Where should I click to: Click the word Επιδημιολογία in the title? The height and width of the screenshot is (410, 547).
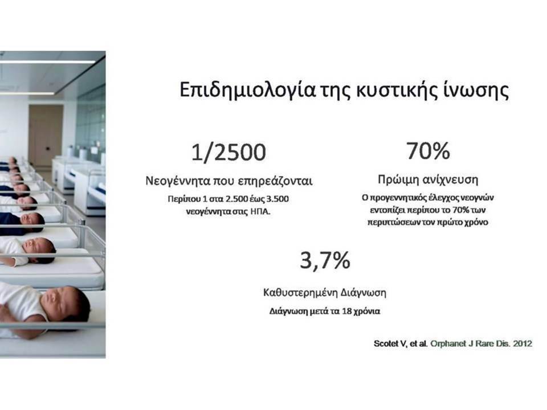[x=247, y=91]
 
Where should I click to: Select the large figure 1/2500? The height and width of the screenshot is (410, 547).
[x=229, y=152]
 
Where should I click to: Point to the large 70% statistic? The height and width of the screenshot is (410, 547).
[x=428, y=150]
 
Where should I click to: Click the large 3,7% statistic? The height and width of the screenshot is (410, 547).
[x=325, y=260]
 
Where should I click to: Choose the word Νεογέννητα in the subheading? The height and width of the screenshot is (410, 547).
[x=178, y=181]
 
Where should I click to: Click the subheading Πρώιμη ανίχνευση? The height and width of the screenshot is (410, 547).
[x=428, y=179]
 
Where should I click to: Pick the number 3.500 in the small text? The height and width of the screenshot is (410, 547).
[x=277, y=199]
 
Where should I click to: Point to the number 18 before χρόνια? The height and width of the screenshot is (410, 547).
[x=347, y=311]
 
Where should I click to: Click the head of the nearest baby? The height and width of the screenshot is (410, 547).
[x=66, y=304]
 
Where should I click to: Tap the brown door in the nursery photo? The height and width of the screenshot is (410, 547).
[x=46, y=136]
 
